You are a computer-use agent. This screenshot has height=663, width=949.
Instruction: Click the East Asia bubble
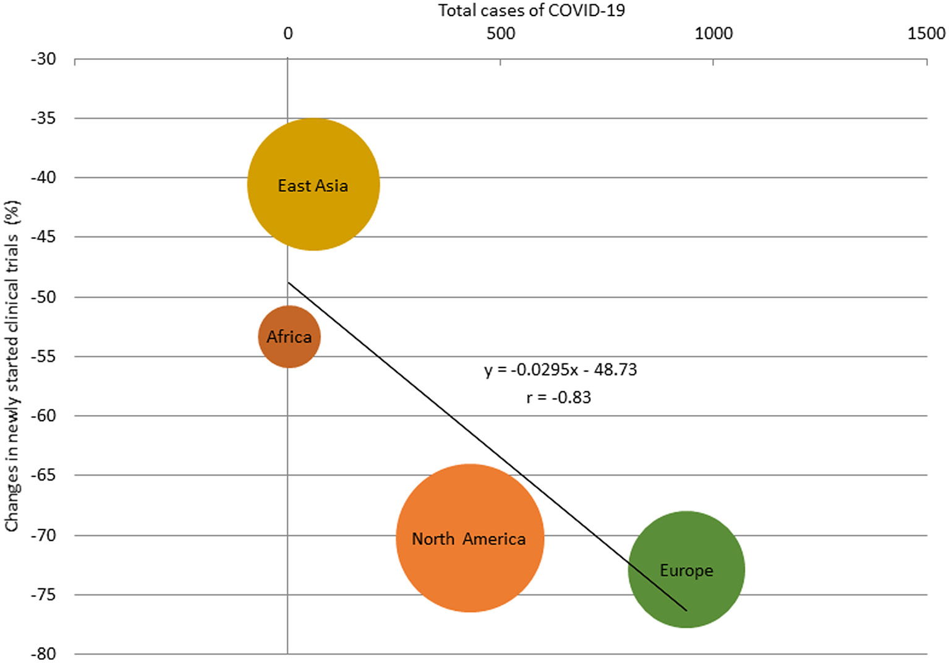[313, 184]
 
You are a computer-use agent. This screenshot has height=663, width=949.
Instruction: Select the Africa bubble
[289, 336]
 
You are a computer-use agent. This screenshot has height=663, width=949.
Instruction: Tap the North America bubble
[470, 538]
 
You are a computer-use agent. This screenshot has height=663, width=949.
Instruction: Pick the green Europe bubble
[686, 570]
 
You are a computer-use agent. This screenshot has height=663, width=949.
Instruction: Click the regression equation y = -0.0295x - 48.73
[560, 370]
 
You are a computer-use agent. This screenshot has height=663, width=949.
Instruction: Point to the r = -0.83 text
[558, 397]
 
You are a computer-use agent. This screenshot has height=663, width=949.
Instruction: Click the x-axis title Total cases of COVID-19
[531, 11]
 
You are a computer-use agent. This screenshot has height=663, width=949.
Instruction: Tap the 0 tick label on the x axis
[288, 33]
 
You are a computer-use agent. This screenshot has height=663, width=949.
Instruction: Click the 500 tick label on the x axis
[500, 33]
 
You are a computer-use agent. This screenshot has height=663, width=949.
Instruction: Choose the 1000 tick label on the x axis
[713, 33]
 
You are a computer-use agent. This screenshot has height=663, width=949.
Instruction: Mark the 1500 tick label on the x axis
[926, 33]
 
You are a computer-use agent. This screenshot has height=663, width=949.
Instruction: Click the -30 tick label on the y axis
[43, 59]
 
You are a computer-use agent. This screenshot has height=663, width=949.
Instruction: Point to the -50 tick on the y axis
[43, 297]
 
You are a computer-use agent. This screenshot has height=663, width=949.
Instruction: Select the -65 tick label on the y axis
[43, 475]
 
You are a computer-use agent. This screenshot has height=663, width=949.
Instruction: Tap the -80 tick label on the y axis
[43, 654]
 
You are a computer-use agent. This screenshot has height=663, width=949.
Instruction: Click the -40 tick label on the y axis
[43, 178]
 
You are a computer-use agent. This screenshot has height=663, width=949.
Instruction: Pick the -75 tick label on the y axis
[43, 594]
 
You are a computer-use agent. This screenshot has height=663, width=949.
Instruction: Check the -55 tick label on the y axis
[43, 356]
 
